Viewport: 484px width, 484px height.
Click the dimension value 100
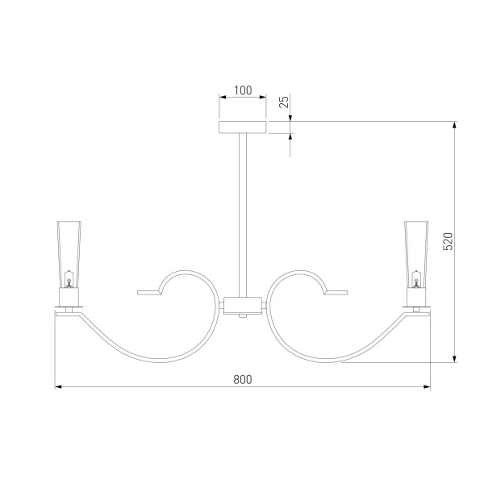[243, 90]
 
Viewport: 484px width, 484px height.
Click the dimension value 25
[284, 102]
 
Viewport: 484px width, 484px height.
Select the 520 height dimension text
[448, 241]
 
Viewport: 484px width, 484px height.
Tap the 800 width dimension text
[243, 379]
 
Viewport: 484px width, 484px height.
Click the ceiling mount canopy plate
[243, 127]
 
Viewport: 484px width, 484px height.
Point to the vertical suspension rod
[243, 215]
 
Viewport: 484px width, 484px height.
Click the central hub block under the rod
[243, 306]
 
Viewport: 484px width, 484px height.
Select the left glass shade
[69, 254]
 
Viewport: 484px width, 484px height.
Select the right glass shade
[416, 254]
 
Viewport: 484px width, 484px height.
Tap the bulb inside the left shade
[69, 279]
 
